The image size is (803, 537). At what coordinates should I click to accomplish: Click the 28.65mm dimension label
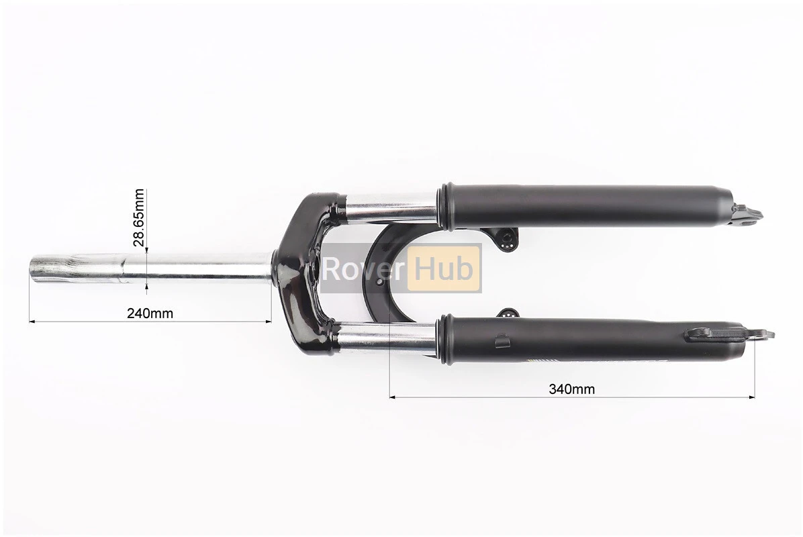pyautogui.click(x=139, y=217)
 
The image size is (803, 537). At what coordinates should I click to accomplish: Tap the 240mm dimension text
pyautogui.click(x=150, y=313)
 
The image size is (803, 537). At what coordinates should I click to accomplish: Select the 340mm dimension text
pyautogui.click(x=572, y=389)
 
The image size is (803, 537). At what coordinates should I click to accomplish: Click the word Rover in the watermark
pyautogui.click(x=364, y=268)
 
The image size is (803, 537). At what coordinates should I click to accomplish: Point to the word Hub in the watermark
pyautogui.click(x=444, y=268)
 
